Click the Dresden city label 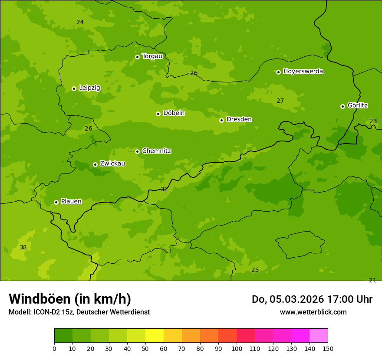pyautogui.click(x=239, y=119)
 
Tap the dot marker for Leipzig pyautogui.click(x=74, y=88)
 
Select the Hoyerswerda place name pyautogui.click(x=303, y=72)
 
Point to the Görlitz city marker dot pyautogui.click(x=342, y=106)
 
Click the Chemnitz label pyautogui.click(x=156, y=151)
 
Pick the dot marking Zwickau pyautogui.click(x=95, y=164)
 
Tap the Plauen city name pyautogui.click(x=71, y=202)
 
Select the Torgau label pyautogui.click(x=152, y=56)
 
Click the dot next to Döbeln pyautogui.click(x=158, y=114)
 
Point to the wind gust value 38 pyautogui.click(x=23, y=248)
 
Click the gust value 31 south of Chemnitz pyautogui.click(x=164, y=190)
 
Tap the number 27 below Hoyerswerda pyautogui.click(x=280, y=101)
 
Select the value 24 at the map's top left pyautogui.click(x=80, y=23)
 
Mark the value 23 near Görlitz pyautogui.click(x=373, y=121)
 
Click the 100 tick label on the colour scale pyautogui.click(x=237, y=348)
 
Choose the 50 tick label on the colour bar pyautogui.click(x=145, y=348)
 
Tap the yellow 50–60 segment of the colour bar pyautogui.click(x=155, y=336)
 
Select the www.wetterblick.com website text pyautogui.click(x=313, y=312)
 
